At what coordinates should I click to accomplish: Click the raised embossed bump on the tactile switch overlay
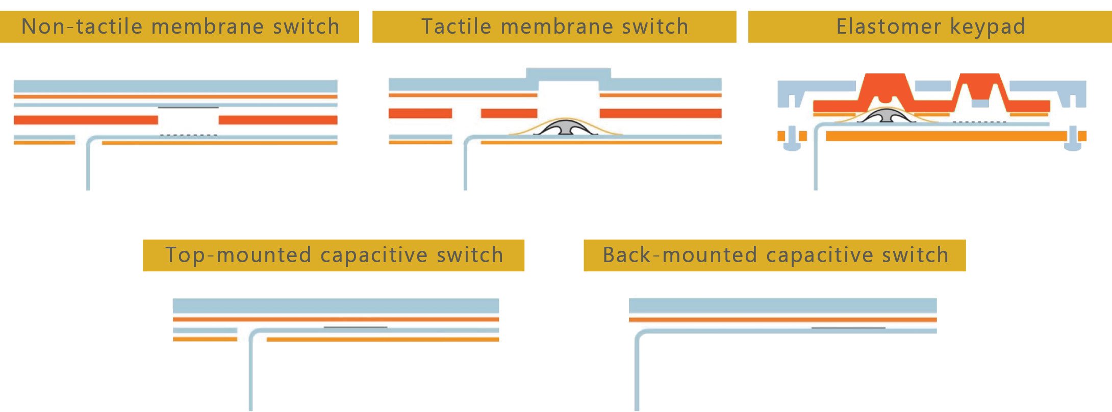568,74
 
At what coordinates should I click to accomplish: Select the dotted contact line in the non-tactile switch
189,135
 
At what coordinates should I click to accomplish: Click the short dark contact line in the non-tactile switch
188,108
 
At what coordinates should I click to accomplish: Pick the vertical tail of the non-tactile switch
88,168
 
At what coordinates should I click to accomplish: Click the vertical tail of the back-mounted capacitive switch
637,377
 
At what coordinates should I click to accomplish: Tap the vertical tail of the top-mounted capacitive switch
251,377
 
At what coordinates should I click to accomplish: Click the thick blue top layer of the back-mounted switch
782,305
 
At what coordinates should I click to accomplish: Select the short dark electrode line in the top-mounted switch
356,327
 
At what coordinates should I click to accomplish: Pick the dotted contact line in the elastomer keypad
979,122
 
